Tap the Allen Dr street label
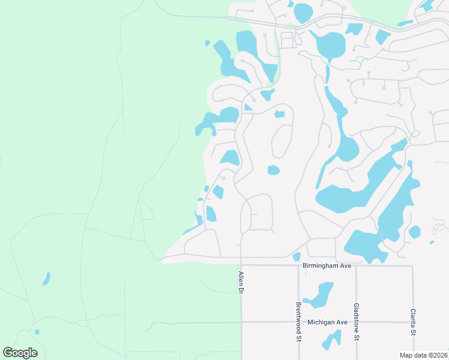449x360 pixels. click(241, 283)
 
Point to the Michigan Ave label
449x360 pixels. click(327, 322)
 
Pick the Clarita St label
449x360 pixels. click(413, 323)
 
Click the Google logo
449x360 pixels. click(20, 353)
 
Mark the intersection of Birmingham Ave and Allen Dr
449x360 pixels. click(241, 265)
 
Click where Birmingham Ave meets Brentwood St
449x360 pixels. click(298, 265)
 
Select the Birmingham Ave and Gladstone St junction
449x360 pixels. click(356, 266)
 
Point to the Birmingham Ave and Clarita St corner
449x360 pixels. click(413, 266)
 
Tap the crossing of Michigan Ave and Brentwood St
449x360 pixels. click(298, 322)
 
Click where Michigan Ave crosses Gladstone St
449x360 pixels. click(356, 322)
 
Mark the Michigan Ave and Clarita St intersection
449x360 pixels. click(413, 322)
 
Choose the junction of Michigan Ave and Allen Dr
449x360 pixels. click(241, 322)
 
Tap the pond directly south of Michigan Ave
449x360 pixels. click(331, 339)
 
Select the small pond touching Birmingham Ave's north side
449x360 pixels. click(297, 257)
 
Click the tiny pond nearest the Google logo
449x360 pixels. click(37, 332)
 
